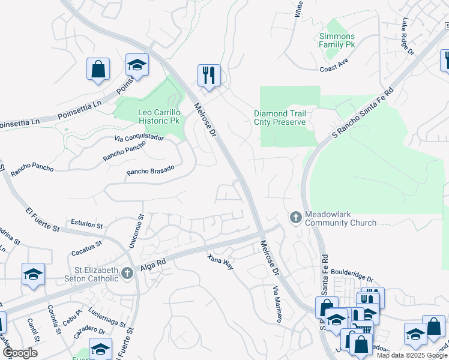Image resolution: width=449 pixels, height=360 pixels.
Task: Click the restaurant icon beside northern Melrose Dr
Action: [209, 76]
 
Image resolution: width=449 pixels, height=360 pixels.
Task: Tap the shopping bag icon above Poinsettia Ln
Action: [98, 69]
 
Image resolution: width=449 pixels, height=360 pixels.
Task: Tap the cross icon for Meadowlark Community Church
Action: [295, 217]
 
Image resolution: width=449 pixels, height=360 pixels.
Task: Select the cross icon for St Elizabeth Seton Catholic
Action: [126, 274]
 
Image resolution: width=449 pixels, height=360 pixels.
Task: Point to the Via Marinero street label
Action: [277, 304]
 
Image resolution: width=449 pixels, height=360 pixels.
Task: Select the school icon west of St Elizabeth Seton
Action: [34, 275]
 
